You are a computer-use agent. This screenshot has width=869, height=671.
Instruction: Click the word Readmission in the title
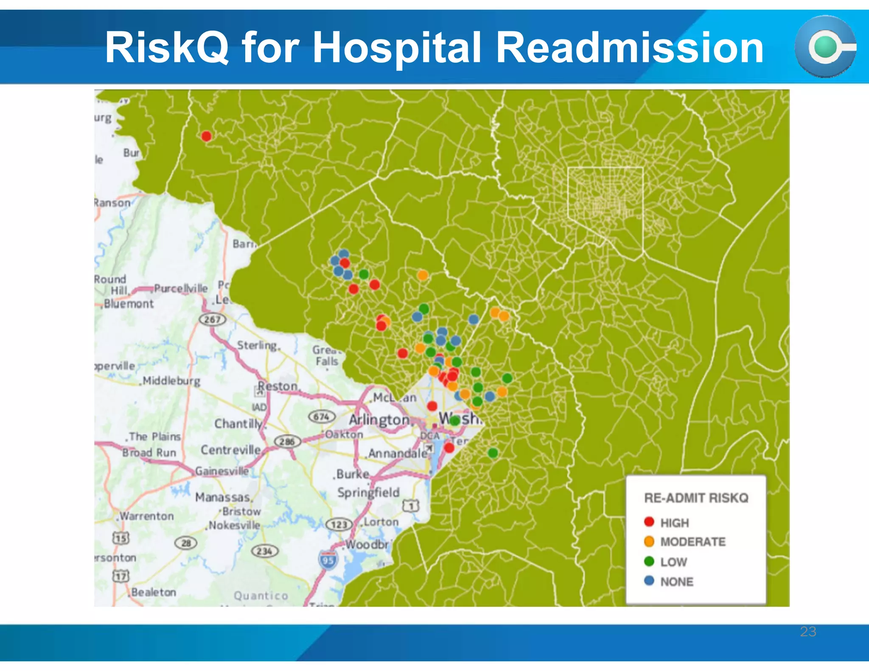[x=630, y=48]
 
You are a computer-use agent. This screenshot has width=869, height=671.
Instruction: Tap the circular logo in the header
[x=825, y=47]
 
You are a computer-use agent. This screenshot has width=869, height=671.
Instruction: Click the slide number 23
[x=808, y=632]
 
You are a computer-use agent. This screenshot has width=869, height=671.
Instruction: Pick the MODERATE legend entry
[x=692, y=542]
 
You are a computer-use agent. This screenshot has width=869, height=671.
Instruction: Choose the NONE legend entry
[x=676, y=582]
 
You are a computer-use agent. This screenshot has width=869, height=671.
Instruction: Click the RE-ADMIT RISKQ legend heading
[x=696, y=498]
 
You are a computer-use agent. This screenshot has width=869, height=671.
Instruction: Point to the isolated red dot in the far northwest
[x=206, y=136]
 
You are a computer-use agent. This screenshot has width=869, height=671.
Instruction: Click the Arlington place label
[x=379, y=420]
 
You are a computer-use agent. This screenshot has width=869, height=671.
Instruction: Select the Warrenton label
[x=147, y=516]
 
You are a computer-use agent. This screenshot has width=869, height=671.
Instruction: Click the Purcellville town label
[x=181, y=288]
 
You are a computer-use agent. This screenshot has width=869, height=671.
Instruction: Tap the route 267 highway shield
[x=212, y=319]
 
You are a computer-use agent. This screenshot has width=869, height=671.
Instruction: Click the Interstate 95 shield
[x=328, y=560]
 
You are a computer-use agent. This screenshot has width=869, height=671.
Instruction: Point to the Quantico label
[x=261, y=596]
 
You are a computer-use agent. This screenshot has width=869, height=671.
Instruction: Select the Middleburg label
[x=171, y=380]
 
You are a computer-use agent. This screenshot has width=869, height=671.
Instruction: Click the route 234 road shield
[x=265, y=551]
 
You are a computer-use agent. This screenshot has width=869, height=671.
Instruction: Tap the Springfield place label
[x=368, y=492]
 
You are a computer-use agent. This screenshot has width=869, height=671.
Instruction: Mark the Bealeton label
[x=154, y=592]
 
